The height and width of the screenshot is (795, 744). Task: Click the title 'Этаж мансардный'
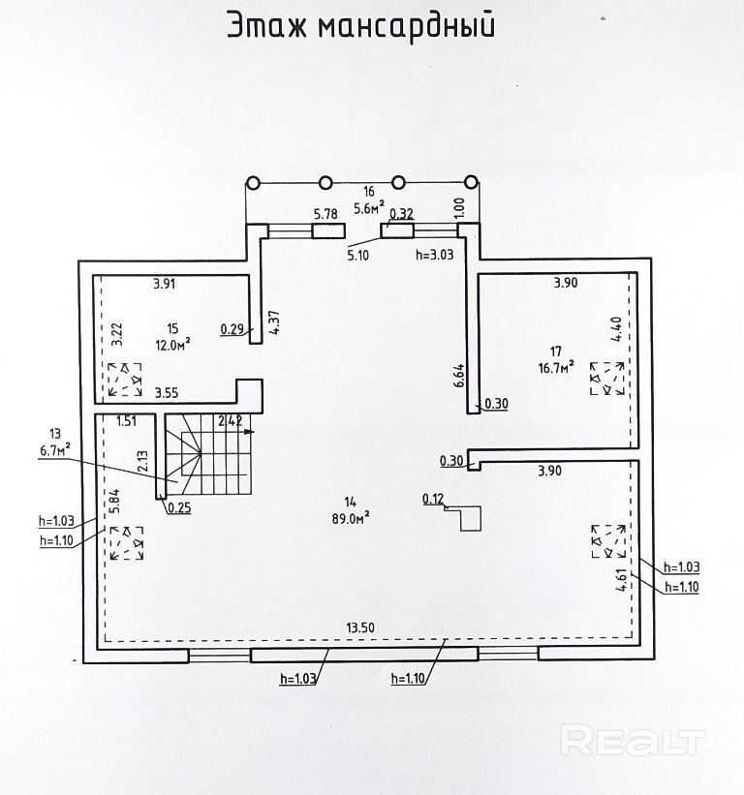(x=360, y=26)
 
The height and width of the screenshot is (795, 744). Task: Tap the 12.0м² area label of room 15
(x=173, y=342)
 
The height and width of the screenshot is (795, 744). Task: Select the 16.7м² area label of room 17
(x=555, y=365)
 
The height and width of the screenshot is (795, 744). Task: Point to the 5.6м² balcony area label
(x=368, y=206)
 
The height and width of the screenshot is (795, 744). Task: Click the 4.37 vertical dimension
(x=274, y=321)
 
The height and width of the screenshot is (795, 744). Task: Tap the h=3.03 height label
(x=434, y=257)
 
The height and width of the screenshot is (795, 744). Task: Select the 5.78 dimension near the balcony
(x=325, y=213)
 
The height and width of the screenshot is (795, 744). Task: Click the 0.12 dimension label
(x=432, y=499)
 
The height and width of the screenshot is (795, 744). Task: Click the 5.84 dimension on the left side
(x=114, y=499)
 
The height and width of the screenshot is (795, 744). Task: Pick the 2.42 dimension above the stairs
(x=230, y=420)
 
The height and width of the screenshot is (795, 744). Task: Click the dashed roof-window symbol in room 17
(x=607, y=379)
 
